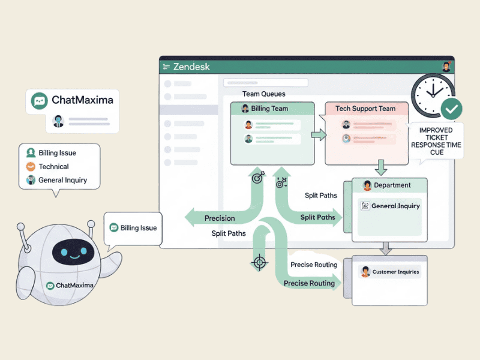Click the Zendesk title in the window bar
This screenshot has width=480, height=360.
191,67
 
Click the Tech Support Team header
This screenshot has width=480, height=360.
365,109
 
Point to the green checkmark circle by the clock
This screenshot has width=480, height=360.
451,109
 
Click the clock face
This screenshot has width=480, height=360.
434,92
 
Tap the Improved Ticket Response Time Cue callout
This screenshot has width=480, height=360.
436,141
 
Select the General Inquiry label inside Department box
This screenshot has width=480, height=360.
395,206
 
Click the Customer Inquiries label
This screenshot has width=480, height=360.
395,272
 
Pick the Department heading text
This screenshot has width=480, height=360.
392,185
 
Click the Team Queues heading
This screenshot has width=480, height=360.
264,94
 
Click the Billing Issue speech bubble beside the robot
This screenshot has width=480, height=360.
133,228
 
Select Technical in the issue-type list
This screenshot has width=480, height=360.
53,166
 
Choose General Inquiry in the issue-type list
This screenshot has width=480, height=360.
62,180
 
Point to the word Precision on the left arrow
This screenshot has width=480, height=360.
220,218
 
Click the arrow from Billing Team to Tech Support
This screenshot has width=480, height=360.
320,136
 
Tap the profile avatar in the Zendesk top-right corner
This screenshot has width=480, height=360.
446,67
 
